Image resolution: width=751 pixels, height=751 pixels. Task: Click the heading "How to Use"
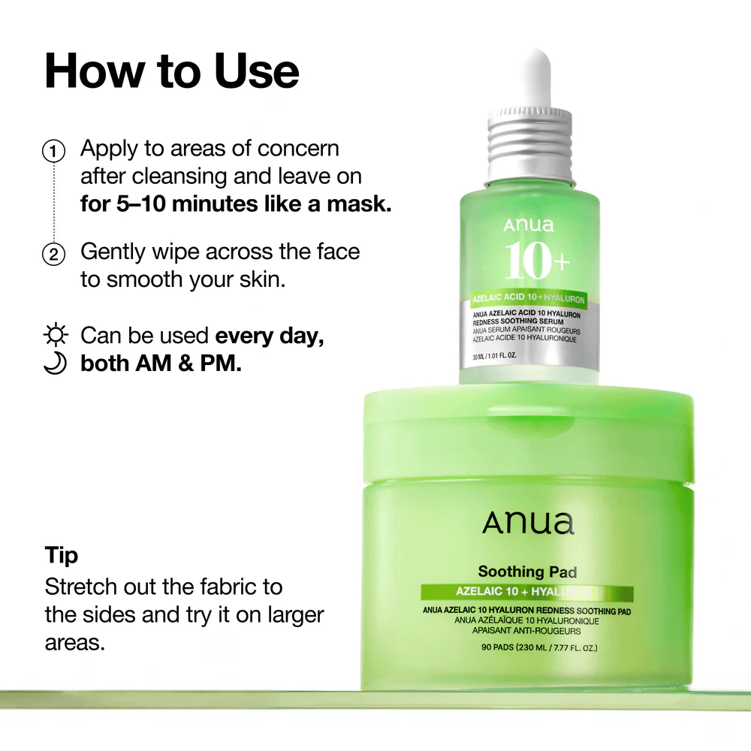tap(172, 71)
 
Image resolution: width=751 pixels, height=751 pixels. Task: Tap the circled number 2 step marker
tap(53, 254)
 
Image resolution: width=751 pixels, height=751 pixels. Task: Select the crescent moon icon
tap(56, 363)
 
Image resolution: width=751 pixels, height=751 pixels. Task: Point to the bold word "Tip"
tap(62, 556)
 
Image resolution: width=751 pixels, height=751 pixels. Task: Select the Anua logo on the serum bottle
tap(529, 225)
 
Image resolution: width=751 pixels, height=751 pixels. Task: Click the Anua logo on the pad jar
tap(528, 523)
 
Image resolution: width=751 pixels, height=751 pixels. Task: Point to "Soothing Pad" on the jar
tap(527, 572)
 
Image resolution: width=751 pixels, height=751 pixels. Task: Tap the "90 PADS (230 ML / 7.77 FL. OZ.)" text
tap(528, 647)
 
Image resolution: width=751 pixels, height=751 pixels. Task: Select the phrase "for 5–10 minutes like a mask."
tap(236, 204)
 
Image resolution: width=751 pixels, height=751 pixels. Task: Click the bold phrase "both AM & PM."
tap(161, 363)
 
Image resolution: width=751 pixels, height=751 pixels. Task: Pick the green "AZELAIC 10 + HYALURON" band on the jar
tap(527, 593)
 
